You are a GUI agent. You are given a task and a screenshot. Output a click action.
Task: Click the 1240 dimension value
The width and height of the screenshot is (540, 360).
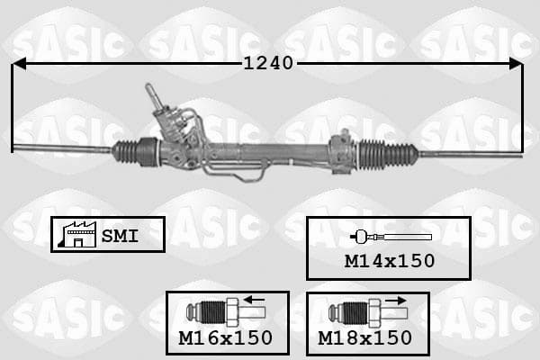(268, 63)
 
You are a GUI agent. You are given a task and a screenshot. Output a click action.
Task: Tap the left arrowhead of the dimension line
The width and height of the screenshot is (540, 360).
(19, 64)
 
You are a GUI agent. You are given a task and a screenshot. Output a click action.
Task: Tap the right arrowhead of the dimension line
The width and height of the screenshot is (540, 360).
(516, 64)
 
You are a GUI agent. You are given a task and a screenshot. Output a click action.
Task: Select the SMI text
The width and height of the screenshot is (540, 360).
(120, 236)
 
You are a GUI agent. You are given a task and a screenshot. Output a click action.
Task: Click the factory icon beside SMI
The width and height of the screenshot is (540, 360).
(77, 235)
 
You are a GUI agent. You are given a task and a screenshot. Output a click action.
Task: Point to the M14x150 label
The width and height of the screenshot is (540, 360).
(390, 261)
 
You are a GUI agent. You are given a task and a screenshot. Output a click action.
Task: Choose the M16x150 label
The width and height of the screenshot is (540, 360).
(226, 337)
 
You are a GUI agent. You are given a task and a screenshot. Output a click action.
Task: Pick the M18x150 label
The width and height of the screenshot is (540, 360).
(364, 337)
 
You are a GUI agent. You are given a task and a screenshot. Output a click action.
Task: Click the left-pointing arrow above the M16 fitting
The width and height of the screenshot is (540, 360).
(254, 300)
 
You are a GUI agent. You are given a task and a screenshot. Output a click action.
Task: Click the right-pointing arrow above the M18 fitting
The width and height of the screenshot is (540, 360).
(396, 301)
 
